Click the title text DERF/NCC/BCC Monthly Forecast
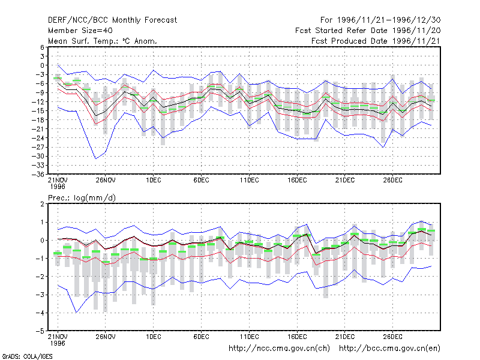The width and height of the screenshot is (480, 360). pos(112,20)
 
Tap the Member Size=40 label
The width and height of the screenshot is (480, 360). pos(80,31)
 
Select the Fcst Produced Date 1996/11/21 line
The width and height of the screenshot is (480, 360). pos(376,41)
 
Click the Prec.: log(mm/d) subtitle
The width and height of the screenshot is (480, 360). pos(82,198)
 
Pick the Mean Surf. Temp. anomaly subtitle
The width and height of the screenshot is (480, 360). pos(102,41)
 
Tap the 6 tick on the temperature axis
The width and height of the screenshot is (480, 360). pos(42,47)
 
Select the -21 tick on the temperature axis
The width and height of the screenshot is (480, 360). pos(38,129)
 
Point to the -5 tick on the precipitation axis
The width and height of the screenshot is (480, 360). pos(40,331)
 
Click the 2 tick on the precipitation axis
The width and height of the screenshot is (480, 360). pos(42,204)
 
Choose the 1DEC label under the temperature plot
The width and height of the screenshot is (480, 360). pos(154,181)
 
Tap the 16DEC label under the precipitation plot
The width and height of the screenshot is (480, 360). pos(297,337)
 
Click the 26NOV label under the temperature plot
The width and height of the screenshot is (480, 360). pos(106,181)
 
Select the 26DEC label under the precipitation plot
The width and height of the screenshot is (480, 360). pos(393,337)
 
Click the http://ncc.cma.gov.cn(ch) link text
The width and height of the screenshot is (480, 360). pos(279,349)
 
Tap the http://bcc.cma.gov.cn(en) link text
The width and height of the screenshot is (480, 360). pos(389,349)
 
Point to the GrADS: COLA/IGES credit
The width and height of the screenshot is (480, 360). pos(27,356)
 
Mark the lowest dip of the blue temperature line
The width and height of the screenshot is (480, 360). pos(96,158)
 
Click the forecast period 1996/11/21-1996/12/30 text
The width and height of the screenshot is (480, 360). pos(380,20)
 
